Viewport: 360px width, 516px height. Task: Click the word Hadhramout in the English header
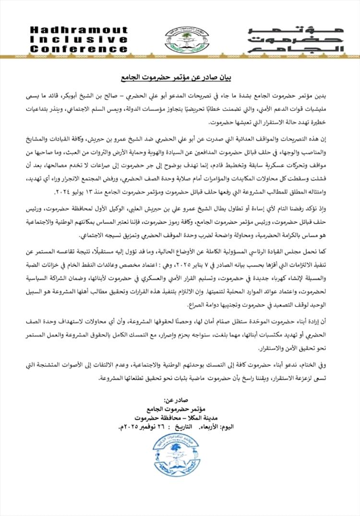[x=80, y=30]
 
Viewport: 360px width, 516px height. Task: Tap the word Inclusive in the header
[x=80, y=39]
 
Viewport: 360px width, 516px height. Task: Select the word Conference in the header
[x=80, y=49]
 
